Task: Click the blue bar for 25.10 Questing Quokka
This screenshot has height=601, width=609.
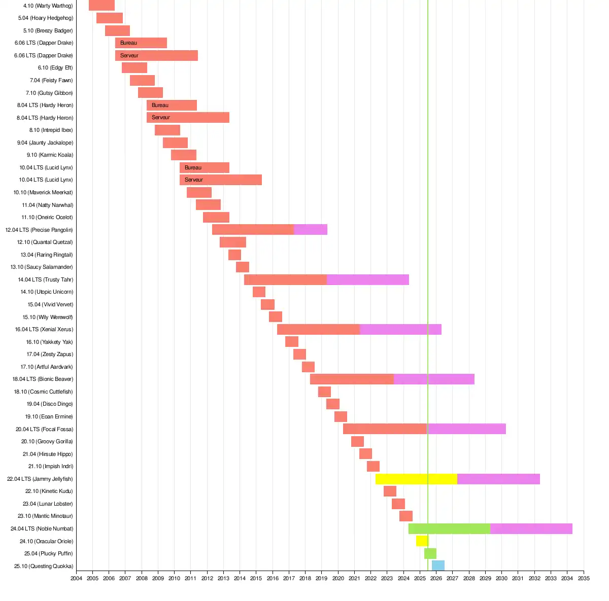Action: [438, 566]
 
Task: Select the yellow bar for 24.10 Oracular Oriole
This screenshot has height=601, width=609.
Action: [422, 541]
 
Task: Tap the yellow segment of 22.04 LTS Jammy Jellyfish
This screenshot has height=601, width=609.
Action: [416, 479]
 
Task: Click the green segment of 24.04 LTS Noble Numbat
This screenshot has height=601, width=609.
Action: [449, 528]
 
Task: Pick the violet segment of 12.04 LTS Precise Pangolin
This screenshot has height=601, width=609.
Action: [311, 230]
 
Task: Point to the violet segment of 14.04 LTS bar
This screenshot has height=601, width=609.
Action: [368, 279]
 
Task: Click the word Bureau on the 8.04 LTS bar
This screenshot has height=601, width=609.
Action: [160, 105]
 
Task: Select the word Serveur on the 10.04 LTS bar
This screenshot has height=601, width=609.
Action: [193, 180]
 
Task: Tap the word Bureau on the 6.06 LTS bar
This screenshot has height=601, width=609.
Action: [128, 43]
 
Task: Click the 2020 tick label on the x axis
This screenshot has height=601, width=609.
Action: [338, 578]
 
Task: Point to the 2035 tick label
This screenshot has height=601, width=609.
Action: [584, 578]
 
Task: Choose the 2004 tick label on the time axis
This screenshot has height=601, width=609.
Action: [76, 578]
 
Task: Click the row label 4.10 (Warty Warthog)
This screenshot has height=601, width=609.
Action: [48, 6]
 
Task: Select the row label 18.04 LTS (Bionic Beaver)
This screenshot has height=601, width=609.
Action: [43, 379]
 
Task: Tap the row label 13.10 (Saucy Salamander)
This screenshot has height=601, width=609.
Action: [42, 267]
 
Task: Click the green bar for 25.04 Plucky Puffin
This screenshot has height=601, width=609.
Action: [430, 553]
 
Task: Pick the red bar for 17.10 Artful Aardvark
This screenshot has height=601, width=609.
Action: [308, 367]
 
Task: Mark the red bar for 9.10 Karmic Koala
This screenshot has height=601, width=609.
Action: [184, 155]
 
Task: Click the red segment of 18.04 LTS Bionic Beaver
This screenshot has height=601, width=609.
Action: [352, 379]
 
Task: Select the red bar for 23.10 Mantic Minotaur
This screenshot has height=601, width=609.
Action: [406, 516]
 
